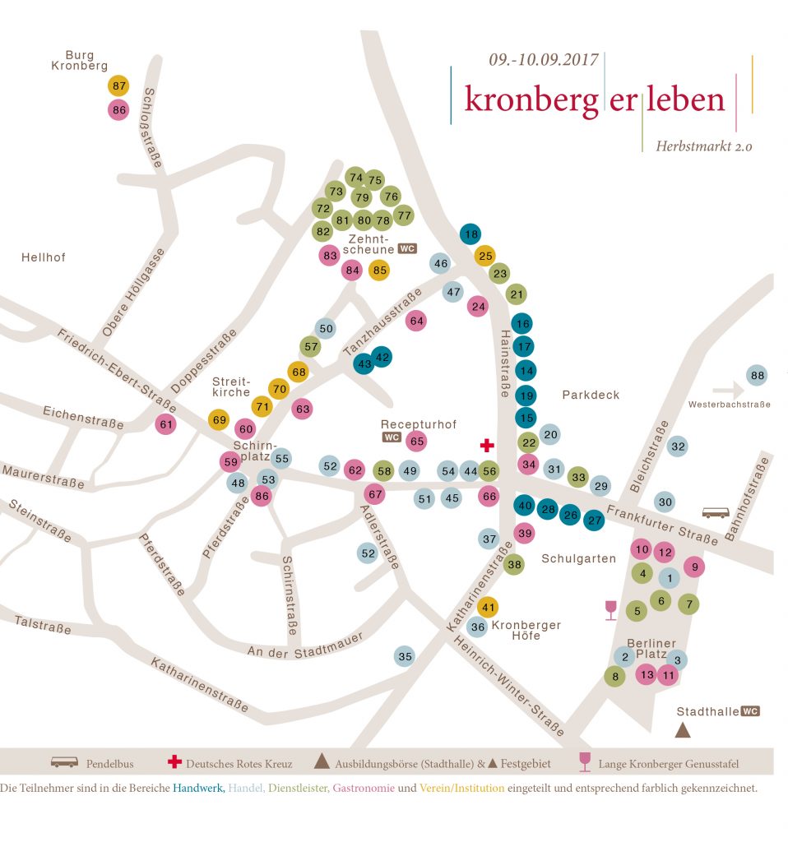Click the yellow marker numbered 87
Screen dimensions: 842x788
[x=119, y=86]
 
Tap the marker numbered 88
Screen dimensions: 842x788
[x=758, y=376]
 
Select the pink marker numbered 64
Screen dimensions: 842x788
[x=416, y=321]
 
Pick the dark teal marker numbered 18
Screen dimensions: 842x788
[x=470, y=234]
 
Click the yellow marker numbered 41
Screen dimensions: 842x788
[x=489, y=608]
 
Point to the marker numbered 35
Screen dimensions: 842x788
[x=405, y=656]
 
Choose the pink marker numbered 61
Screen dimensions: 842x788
[x=167, y=424]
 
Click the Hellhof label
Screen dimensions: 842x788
[x=43, y=257]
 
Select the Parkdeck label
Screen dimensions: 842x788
[x=591, y=395]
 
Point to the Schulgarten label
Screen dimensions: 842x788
[x=578, y=558]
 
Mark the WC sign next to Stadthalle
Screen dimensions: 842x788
[x=750, y=711]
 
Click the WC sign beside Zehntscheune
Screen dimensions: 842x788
[x=407, y=248]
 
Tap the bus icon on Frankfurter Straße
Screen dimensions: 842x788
[x=715, y=513]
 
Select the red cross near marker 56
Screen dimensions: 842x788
[x=487, y=445]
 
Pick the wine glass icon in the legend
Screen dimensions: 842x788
[x=586, y=762]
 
